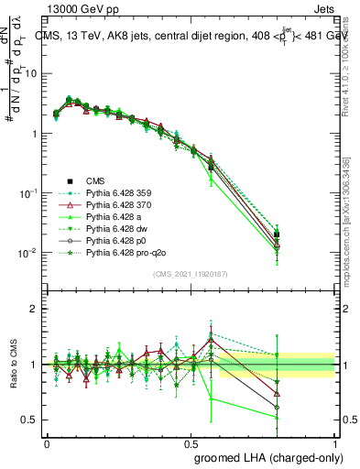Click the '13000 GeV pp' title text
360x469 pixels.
[76, 7]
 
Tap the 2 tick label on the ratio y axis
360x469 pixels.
[38, 309]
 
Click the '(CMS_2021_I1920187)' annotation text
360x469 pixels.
[191, 275]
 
